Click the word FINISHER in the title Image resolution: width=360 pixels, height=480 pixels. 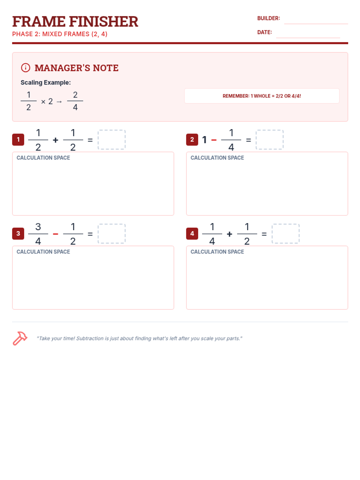click(103, 21)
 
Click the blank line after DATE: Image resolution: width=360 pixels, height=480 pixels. click(308, 37)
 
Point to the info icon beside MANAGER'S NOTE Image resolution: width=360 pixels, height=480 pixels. click(25, 67)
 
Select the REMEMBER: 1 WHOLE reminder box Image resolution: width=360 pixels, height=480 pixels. click(262, 96)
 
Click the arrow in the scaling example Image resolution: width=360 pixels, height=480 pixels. click(59, 102)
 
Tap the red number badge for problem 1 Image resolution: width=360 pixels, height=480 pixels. click(18, 139)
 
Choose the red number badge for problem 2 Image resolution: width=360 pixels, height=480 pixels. click(192, 139)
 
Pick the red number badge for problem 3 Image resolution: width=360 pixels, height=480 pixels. click(18, 233)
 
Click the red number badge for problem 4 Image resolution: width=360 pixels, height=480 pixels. click(192, 233)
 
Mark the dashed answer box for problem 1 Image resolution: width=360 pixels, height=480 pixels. click(112, 139)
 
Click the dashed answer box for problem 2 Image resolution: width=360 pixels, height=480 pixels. click(269, 139)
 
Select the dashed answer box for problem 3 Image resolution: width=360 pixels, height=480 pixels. click(112, 233)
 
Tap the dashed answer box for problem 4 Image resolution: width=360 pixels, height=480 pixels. click(286, 233)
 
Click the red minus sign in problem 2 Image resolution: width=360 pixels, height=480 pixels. click(214, 140)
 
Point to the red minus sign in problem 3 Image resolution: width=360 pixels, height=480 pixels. click(55, 234)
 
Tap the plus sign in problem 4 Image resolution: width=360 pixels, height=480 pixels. click(229, 234)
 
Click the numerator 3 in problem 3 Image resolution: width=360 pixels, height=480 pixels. click(38, 226)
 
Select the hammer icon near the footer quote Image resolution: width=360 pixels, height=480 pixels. click(20, 338)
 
